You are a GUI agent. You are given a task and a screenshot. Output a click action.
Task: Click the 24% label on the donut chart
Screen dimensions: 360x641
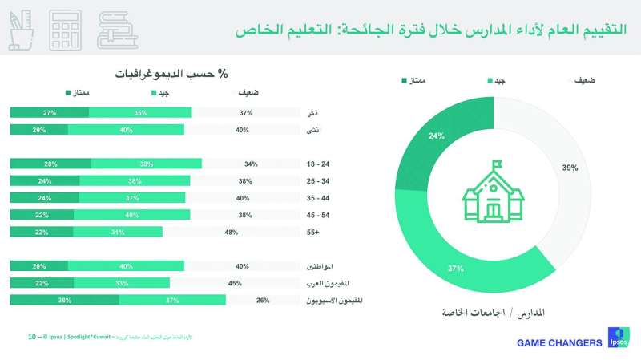pos(437,136)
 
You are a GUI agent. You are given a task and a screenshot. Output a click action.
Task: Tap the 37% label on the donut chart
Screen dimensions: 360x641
pos(457,268)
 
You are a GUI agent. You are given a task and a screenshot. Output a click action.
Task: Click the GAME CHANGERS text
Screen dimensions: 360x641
pos(559,343)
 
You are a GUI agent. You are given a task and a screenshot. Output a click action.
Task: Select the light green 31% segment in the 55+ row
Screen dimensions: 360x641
pos(118,232)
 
